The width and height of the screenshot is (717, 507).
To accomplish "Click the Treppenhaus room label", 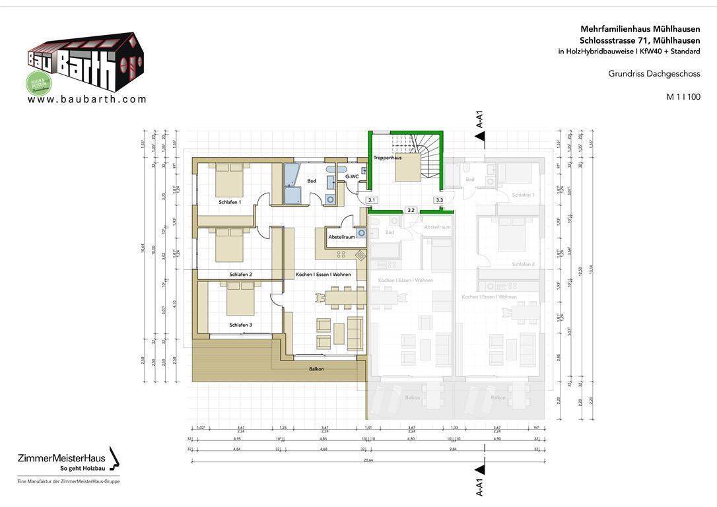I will click(x=387, y=158).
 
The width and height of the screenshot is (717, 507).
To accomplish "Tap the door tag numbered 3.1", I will click(x=372, y=200).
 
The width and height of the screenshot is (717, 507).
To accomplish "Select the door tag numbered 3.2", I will click(x=411, y=210).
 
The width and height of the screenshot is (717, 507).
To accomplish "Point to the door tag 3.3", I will click(x=439, y=200).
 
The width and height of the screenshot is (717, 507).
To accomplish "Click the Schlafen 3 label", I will click(x=240, y=325).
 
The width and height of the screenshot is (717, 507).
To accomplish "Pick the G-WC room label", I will click(x=352, y=176).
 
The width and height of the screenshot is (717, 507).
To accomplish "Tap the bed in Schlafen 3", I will click(x=240, y=298).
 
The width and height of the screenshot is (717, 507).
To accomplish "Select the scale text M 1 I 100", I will click(x=683, y=97).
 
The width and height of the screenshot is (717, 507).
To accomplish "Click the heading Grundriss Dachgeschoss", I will click(x=654, y=74).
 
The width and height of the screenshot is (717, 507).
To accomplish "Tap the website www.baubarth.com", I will click(x=87, y=100).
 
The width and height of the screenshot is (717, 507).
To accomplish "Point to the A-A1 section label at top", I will click(x=480, y=119).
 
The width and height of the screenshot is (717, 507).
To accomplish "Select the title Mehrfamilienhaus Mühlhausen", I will click(x=640, y=29).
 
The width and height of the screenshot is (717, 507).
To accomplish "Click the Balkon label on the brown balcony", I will click(x=316, y=368).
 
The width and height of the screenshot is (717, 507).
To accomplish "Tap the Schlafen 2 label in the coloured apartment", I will click(x=240, y=274).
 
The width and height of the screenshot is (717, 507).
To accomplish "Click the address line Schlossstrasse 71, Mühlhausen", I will click(x=640, y=40).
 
